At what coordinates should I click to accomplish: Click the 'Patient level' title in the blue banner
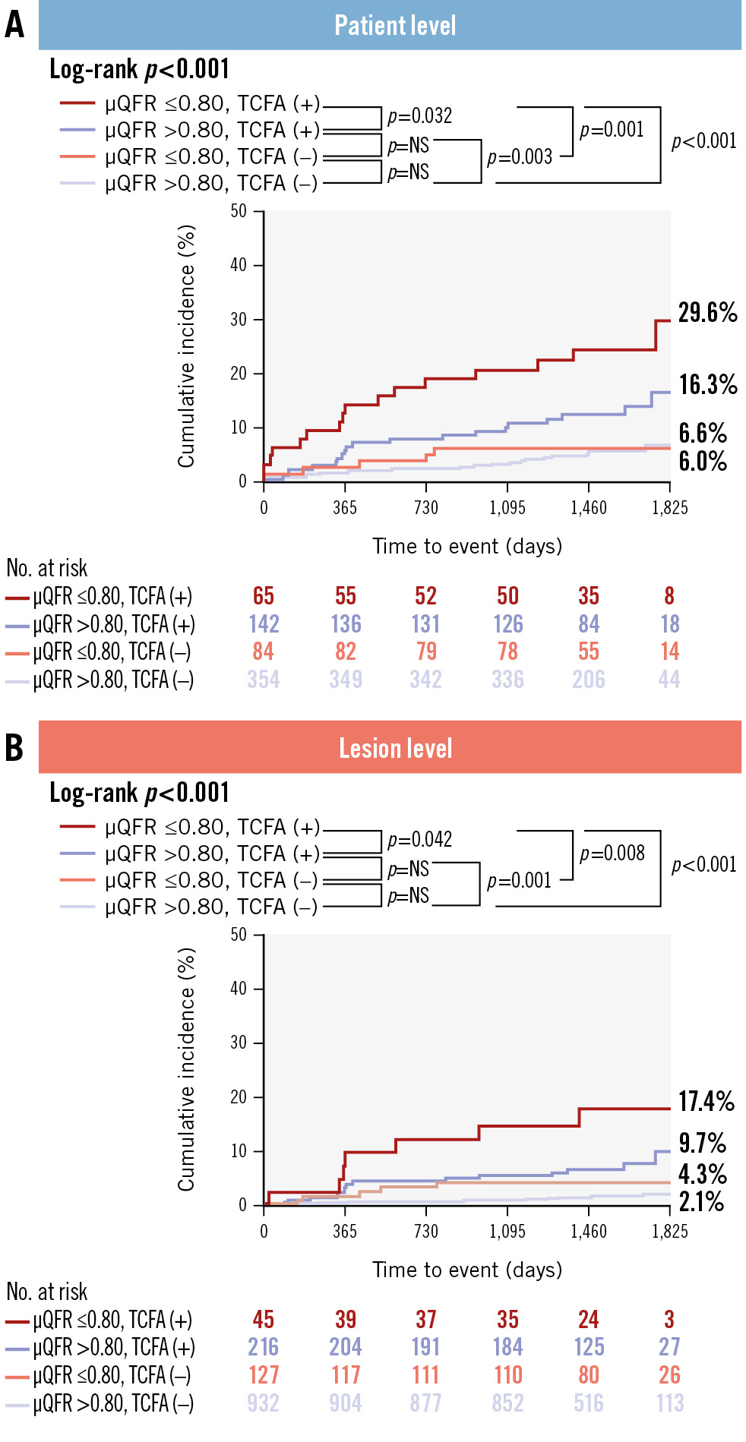click(395, 26)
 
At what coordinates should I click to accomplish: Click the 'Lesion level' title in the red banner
click(395, 749)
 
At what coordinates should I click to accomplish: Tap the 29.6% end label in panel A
click(707, 312)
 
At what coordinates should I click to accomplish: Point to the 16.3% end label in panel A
click(708, 384)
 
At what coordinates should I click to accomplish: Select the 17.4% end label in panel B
click(706, 1101)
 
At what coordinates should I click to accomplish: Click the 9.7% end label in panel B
click(702, 1143)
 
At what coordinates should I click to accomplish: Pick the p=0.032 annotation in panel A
click(419, 116)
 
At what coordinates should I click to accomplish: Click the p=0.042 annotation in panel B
click(419, 840)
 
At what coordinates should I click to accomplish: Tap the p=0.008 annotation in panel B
click(612, 854)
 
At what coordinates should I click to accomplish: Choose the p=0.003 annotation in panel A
click(520, 157)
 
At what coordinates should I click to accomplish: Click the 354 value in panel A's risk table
click(264, 680)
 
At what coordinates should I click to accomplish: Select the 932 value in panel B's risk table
click(264, 1403)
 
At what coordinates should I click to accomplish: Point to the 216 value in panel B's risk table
click(264, 1347)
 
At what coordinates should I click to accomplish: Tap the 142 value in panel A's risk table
click(264, 624)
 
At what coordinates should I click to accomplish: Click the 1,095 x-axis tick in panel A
click(507, 508)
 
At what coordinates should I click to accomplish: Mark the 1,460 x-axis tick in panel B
click(589, 1232)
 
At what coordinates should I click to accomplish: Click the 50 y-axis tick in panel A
click(239, 211)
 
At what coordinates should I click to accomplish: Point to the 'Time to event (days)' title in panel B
click(467, 1270)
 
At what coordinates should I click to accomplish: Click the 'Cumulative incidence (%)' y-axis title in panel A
click(186, 346)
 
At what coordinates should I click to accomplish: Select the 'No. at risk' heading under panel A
click(47, 568)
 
